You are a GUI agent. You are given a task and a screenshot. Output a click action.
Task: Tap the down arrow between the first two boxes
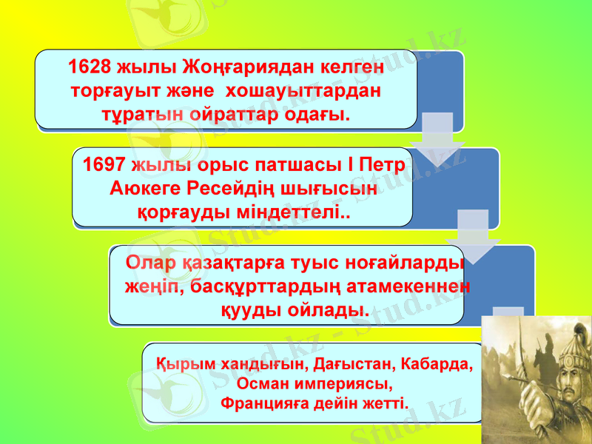[436, 137]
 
